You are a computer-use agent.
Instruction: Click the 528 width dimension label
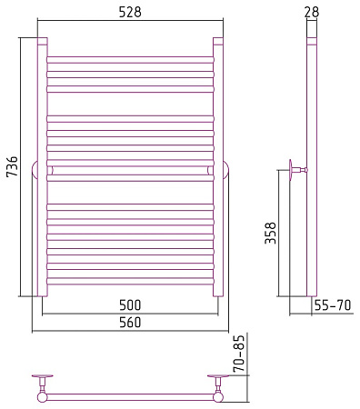(130, 13)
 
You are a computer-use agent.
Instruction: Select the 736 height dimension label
(13, 166)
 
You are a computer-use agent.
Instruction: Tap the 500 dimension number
(130, 305)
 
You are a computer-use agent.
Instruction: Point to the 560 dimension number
(130, 322)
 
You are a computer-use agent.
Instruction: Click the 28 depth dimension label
(312, 12)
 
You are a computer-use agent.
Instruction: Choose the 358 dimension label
(271, 233)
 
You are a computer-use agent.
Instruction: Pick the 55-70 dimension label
(333, 305)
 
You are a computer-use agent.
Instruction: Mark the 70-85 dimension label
(239, 354)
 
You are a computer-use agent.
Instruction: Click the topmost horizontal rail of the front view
(130, 60)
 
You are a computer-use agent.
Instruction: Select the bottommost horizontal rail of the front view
(130, 281)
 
